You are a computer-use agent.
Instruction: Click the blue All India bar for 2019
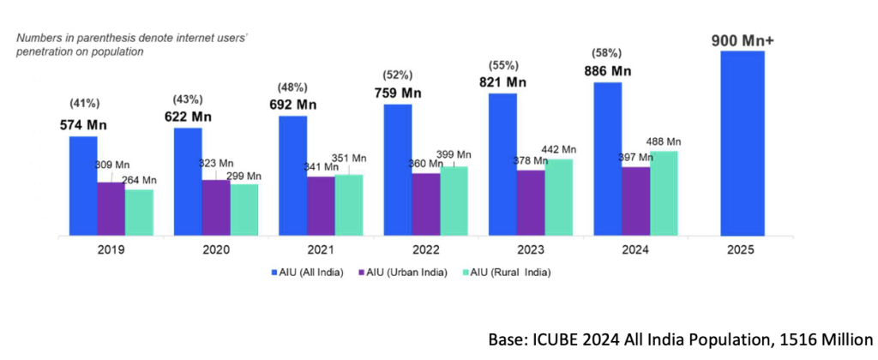[x=83, y=185]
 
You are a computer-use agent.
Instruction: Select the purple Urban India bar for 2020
[x=215, y=207]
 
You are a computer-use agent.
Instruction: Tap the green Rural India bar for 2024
[x=664, y=193]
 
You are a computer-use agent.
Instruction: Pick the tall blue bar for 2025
[x=742, y=143]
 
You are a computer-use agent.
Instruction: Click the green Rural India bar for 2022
[x=454, y=201]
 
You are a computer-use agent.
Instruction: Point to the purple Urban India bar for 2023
[x=531, y=202]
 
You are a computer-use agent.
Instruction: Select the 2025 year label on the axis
[x=742, y=249]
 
